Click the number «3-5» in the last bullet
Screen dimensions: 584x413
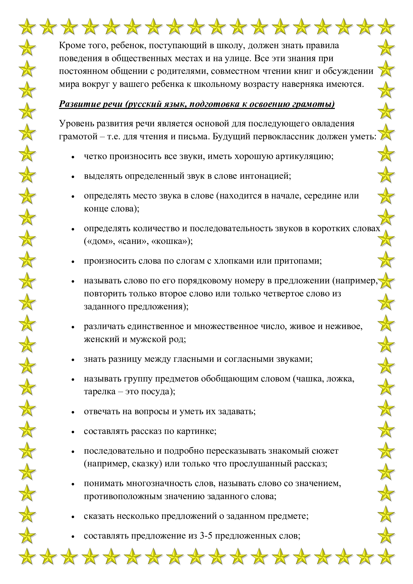point(206,536)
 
